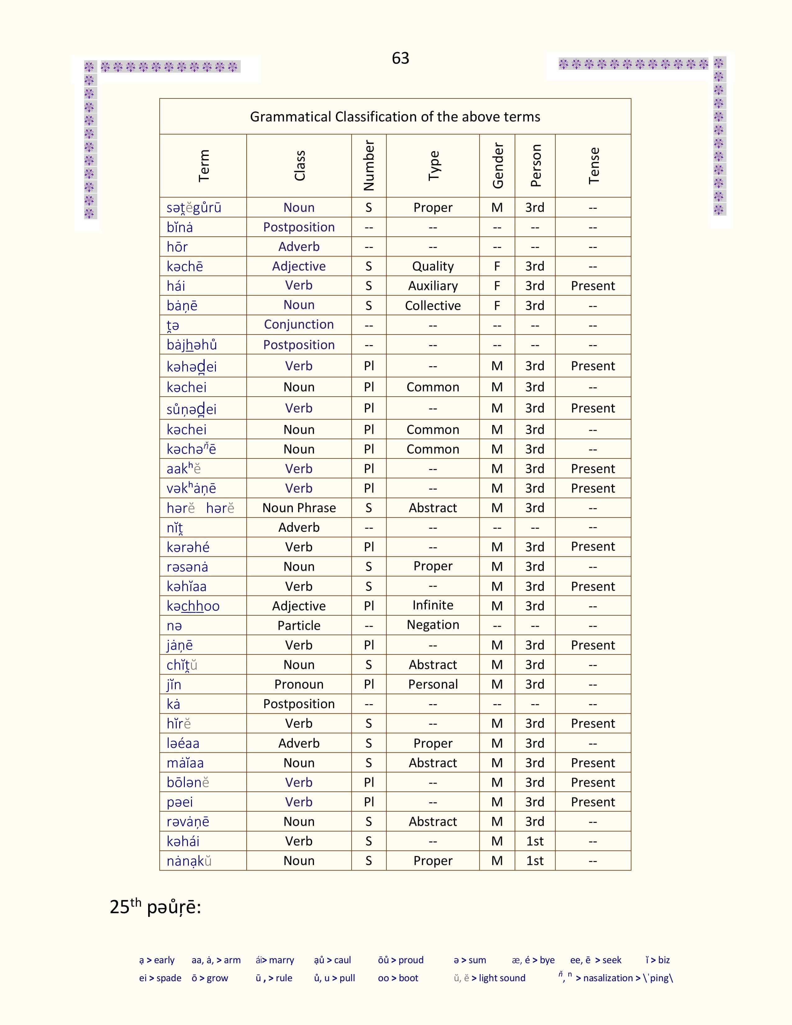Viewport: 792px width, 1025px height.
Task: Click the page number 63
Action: [x=400, y=58]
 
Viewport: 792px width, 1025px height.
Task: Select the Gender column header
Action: [x=497, y=166]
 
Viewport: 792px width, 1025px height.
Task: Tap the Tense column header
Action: [x=594, y=166]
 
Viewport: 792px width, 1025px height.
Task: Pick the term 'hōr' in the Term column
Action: [x=177, y=247]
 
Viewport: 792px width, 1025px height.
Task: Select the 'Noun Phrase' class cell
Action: [x=299, y=508]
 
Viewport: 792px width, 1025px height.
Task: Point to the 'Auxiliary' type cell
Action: [x=433, y=286]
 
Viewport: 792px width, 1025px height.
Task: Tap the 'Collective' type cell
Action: [x=433, y=306]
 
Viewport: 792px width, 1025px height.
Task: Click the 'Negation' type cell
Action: [x=433, y=625]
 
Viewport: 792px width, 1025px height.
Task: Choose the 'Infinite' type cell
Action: [x=433, y=605]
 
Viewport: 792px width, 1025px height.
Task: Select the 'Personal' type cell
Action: [x=433, y=684]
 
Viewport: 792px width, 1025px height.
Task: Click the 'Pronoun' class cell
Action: [x=299, y=684]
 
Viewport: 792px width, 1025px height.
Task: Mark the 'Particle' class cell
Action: [x=299, y=626]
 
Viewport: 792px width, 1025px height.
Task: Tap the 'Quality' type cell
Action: [x=433, y=266]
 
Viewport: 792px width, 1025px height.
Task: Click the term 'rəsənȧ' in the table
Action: [x=187, y=567]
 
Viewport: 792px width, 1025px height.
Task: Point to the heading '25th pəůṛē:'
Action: [x=155, y=907]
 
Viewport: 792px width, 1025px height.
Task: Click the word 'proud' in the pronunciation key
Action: [x=411, y=960]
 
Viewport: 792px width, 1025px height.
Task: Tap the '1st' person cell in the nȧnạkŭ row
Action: [x=535, y=861]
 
